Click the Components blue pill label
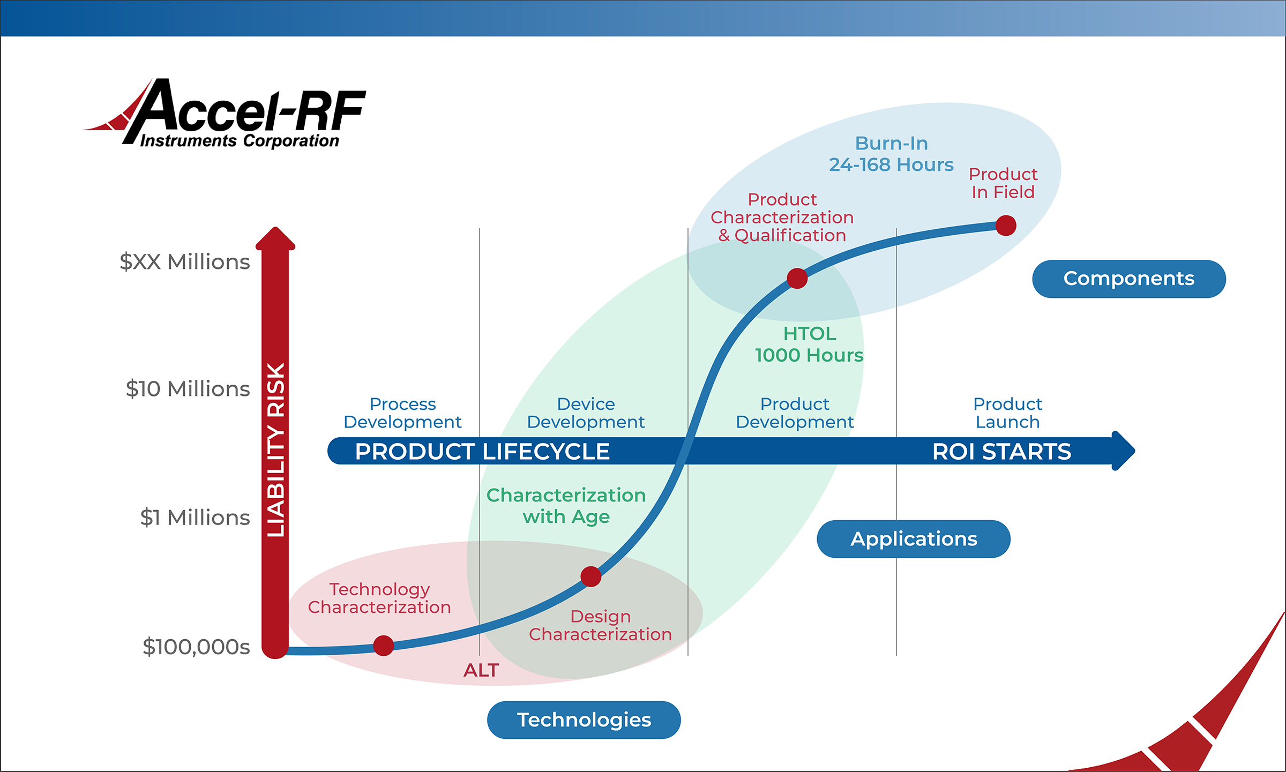coord(1128,279)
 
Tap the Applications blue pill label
coord(913,539)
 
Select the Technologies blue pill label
coord(584,720)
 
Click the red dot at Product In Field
coord(1006,226)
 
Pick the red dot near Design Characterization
coord(590,577)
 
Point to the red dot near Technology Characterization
coord(384,646)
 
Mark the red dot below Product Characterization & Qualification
coord(797,279)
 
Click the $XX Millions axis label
coord(185,262)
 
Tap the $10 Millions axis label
coord(188,389)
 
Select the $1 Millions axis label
coord(195,518)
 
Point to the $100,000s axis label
coord(196,647)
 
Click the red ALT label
coord(481,670)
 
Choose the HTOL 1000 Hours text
coord(809,344)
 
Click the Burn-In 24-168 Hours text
coord(891,154)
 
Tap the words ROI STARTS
coord(1001,452)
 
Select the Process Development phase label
coord(402,413)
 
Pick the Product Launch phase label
coord(1007,413)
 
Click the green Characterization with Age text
coord(566,506)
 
